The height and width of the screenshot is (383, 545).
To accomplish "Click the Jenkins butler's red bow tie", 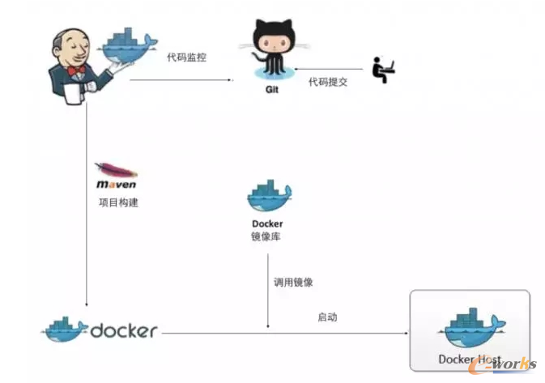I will [x=78, y=71].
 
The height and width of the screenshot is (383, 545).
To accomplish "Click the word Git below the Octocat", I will [x=272, y=90].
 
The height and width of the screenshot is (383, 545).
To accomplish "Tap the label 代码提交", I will [x=327, y=82].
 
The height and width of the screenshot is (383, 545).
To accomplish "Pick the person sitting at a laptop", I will [x=382, y=70].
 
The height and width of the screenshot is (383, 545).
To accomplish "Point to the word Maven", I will [x=116, y=185].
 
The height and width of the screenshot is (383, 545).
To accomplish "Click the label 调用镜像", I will [x=293, y=283].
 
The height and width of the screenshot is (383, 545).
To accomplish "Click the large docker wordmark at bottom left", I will [x=124, y=330].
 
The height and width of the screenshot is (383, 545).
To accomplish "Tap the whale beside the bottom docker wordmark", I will [x=66, y=329].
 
